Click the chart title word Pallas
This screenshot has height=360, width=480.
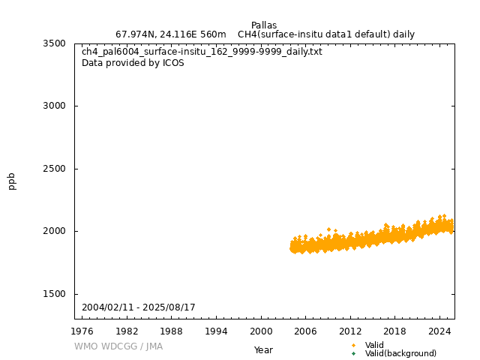[x=263, y=25]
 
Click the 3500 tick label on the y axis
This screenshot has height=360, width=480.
[x=54, y=43]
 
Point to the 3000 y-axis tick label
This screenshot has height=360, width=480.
[x=54, y=106]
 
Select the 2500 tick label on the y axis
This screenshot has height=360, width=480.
[x=54, y=169]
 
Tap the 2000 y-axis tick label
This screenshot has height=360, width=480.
[x=54, y=231]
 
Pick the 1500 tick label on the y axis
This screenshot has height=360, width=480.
[x=54, y=294]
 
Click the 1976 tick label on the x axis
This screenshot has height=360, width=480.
[x=82, y=331]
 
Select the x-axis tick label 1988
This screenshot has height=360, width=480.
[x=172, y=331]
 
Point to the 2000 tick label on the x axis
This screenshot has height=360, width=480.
[x=261, y=331]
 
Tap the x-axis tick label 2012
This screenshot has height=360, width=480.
[x=350, y=331]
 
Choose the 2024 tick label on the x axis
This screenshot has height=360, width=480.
[x=439, y=331]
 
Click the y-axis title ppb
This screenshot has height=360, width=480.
[x=12, y=181]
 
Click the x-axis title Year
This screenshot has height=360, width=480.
[x=263, y=350]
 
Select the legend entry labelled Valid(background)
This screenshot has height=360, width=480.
[x=400, y=353]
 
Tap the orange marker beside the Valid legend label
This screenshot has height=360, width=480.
[x=353, y=345]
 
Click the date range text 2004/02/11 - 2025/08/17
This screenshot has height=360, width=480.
[x=139, y=307]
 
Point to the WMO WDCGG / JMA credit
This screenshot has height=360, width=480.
[x=118, y=346]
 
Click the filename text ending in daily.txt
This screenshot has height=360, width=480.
[x=202, y=52]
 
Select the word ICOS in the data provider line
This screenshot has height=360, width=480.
[x=173, y=63]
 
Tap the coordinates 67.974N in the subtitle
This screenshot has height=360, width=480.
[x=136, y=34]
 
